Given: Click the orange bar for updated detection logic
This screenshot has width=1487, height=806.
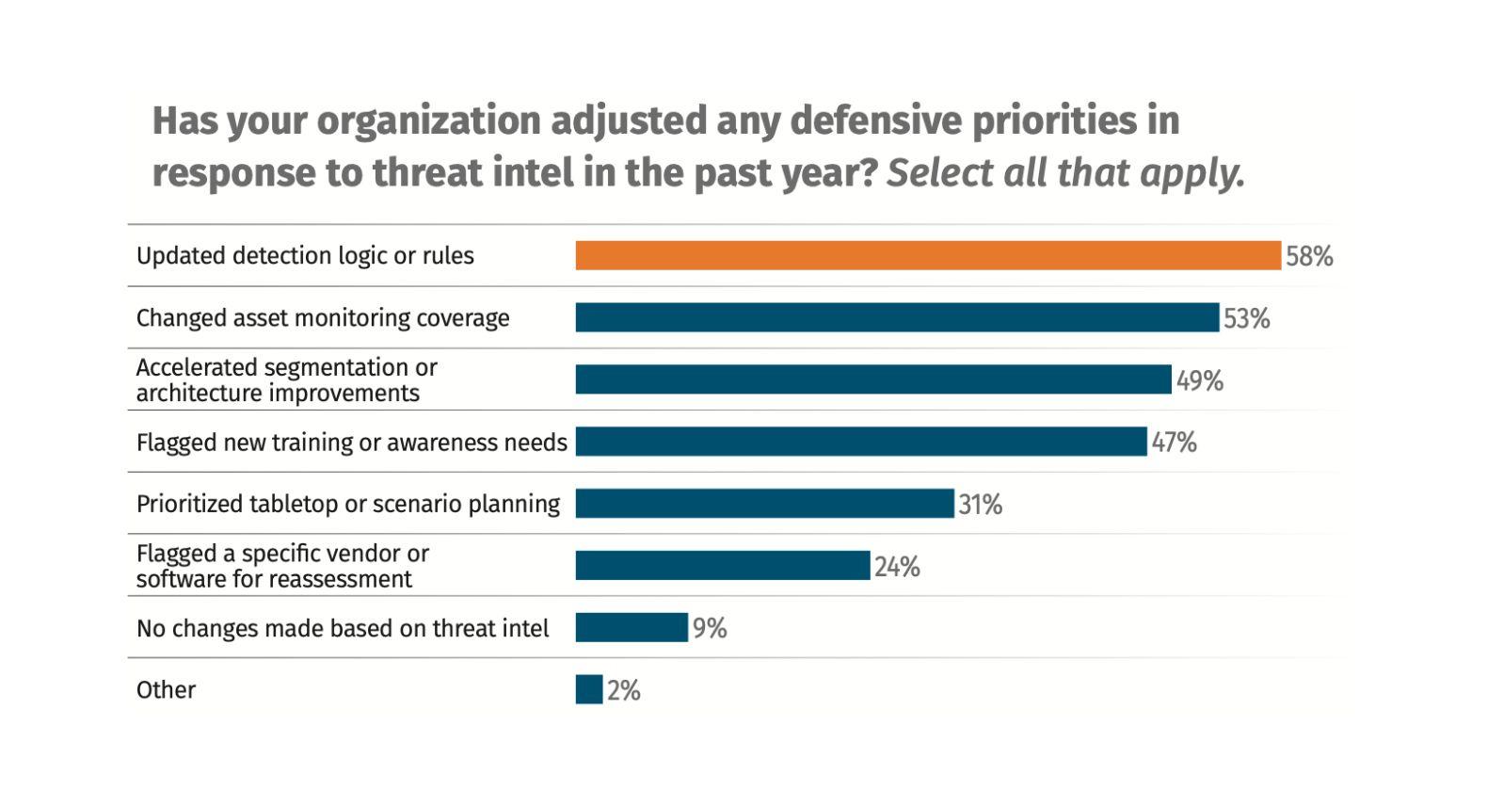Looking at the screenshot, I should [928, 255].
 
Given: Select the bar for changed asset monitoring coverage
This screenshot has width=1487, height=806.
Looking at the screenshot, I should [897, 317].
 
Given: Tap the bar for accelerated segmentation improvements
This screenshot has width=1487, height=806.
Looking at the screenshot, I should [873, 379].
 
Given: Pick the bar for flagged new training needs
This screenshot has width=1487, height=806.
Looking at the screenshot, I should [861, 442].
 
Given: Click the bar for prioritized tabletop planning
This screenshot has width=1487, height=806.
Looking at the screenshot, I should [764, 504].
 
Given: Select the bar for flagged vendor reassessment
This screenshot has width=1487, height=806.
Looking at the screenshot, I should [723, 566].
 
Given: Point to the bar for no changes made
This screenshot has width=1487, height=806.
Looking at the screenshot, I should [632, 628].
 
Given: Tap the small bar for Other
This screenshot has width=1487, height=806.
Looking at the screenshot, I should [589, 689].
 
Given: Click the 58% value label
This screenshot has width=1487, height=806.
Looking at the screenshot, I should [1309, 256].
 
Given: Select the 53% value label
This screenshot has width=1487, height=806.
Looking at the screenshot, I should [1246, 319].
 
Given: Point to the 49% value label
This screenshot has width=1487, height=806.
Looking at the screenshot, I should [1200, 380].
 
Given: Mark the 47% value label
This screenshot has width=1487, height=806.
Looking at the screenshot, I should [1174, 443].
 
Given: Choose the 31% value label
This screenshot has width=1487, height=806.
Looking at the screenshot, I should [980, 505].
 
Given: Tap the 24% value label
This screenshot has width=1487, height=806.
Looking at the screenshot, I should [897, 567].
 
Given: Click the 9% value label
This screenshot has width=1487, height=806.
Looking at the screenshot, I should [710, 628].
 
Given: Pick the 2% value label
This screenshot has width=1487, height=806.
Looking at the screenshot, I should [623, 690].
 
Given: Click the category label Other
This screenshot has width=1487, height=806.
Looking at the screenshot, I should [166, 689].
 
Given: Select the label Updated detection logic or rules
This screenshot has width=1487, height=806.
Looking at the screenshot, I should [305, 255].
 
